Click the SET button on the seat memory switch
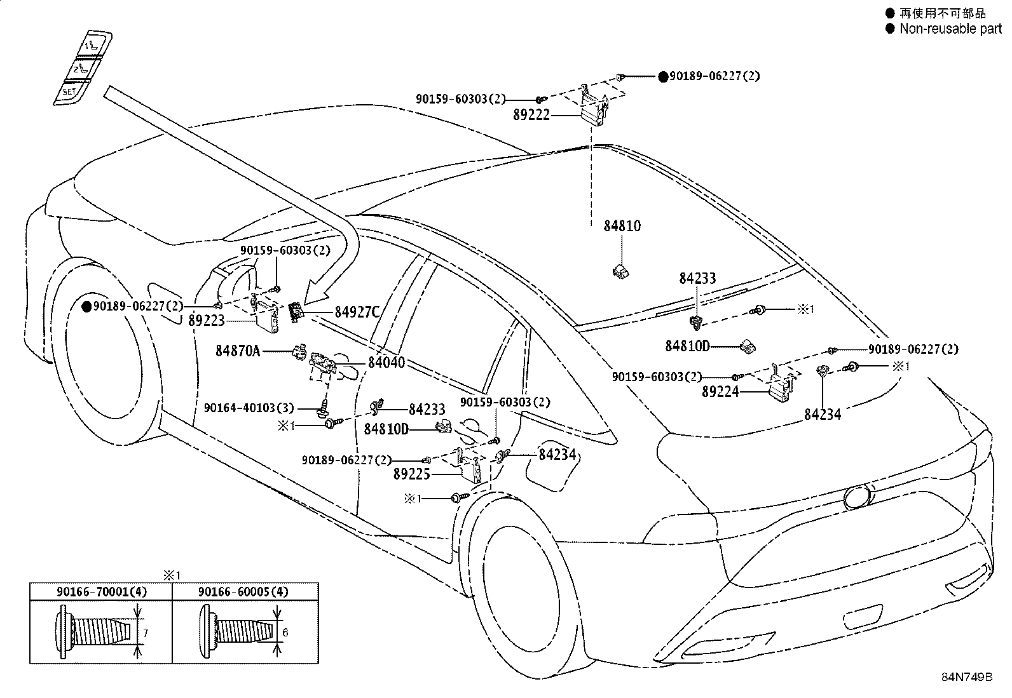[x=69, y=93]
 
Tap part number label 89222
[x=531, y=115]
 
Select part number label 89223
[x=207, y=321]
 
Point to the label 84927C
[x=357, y=312]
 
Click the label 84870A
[x=238, y=351]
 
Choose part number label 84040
[x=386, y=362]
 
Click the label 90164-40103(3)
[x=249, y=408]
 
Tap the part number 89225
[x=411, y=474]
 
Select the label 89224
[x=720, y=391]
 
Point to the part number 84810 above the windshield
[x=622, y=225]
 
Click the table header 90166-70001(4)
[x=102, y=591]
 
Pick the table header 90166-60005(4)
[x=243, y=591]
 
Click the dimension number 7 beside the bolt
[x=146, y=633]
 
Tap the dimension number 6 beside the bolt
[x=285, y=633]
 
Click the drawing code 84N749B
[x=967, y=677]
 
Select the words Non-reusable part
[x=950, y=29]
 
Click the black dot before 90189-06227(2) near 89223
[x=86, y=307]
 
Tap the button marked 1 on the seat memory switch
[x=94, y=44]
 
